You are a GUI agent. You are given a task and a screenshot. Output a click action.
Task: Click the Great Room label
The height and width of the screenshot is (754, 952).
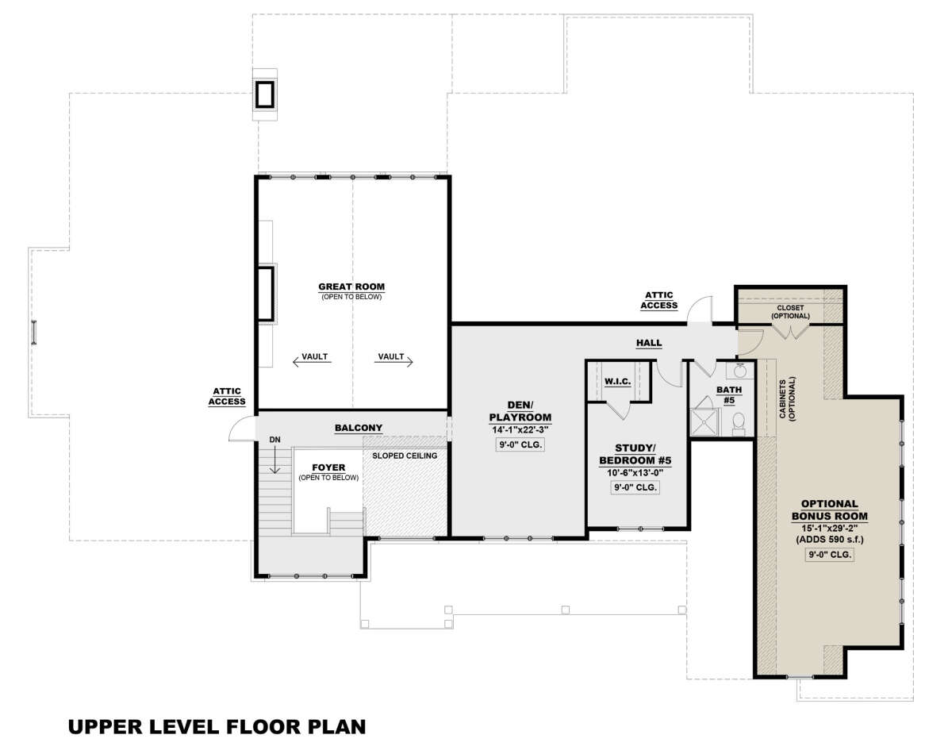[x=351, y=287]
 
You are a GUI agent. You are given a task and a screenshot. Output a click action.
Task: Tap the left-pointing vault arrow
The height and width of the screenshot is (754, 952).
[x=312, y=362]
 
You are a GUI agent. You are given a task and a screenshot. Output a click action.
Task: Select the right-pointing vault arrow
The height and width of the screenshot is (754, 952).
[x=393, y=362]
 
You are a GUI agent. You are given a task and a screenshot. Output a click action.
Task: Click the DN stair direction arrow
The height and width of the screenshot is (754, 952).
[x=275, y=460]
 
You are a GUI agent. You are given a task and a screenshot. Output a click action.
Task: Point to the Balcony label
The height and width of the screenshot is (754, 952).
[x=359, y=428]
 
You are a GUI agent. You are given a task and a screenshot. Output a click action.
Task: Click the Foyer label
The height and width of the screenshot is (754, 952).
[x=328, y=467]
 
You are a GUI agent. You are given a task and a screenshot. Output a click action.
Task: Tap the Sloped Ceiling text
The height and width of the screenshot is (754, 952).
[x=405, y=456]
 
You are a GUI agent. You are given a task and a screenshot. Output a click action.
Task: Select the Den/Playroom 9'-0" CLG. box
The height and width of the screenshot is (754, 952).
[x=520, y=444]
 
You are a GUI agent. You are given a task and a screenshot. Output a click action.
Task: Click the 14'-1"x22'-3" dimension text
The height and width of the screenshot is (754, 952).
[x=520, y=430]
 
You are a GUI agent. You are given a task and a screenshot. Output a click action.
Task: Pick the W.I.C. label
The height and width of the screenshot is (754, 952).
[x=617, y=381]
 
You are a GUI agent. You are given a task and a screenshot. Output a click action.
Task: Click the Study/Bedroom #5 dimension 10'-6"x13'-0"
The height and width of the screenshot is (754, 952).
[x=635, y=473]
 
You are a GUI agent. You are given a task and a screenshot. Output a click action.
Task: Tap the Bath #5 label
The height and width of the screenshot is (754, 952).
[x=729, y=395]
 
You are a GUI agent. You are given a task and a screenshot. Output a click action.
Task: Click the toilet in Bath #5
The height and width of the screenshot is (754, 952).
[x=739, y=423]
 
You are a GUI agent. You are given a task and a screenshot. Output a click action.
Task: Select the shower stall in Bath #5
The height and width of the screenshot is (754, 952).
[x=704, y=421]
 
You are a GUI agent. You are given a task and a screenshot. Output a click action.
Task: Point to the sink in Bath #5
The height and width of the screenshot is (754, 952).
[x=739, y=371]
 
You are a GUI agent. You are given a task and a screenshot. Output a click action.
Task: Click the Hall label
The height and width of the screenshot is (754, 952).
[x=649, y=343]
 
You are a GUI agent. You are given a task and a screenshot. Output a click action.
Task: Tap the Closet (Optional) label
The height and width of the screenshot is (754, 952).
[x=790, y=312]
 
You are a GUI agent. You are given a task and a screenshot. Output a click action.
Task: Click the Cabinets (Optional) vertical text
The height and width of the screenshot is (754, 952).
[x=787, y=398]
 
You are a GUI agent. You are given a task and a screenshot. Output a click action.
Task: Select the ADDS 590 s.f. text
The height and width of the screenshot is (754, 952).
[x=830, y=539]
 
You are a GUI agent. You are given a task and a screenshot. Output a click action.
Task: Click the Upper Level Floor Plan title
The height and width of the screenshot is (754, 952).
[x=217, y=726]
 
